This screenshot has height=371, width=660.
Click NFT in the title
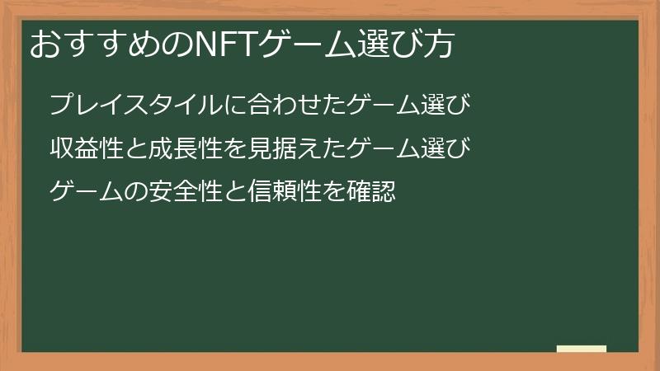point(224,45)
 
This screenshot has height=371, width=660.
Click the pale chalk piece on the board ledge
point(582,349)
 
